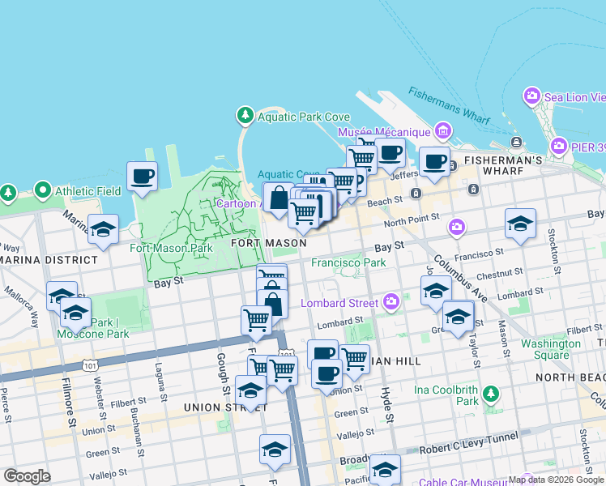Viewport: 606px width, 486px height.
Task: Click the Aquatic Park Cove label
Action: (x=304, y=117)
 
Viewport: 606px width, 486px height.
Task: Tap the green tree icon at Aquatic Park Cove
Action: (x=245, y=116)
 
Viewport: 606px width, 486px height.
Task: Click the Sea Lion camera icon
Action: (x=532, y=96)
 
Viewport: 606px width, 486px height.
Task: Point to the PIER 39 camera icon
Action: (x=558, y=147)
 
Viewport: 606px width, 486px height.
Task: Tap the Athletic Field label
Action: (x=88, y=192)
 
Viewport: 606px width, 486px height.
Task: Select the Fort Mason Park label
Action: (x=172, y=248)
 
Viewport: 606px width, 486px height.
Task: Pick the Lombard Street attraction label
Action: (x=339, y=303)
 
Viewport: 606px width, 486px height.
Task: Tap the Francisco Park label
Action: (x=348, y=262)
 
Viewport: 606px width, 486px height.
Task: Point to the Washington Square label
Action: (x=551, y=349)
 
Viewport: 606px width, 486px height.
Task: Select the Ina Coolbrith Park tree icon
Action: (x=490, y=394)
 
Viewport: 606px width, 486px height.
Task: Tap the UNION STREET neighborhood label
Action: (x=214, y=407)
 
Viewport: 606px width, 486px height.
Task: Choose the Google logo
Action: (x=27, y=476)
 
